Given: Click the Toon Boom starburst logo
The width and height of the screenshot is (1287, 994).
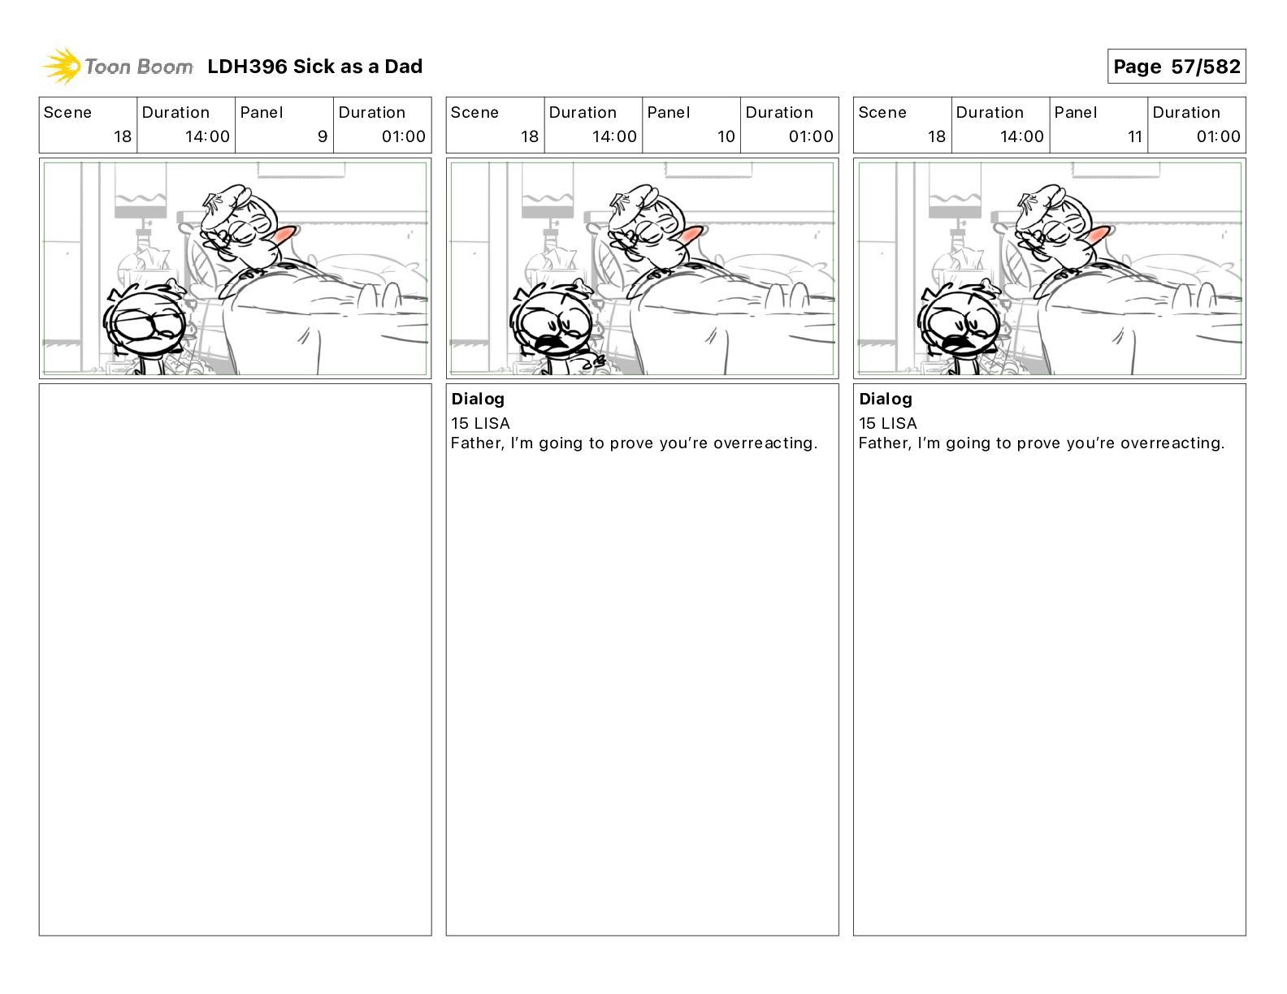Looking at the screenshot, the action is (62, 66).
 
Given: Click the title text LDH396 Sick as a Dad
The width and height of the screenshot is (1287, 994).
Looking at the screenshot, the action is (315, 67).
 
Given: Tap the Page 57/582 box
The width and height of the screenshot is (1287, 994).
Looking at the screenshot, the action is (1176, 67).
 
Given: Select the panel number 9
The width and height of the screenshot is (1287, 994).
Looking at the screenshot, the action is (323, 136).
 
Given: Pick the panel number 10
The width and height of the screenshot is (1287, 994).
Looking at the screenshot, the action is (726, 136).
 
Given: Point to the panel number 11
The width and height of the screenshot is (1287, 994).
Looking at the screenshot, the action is (1135, 136).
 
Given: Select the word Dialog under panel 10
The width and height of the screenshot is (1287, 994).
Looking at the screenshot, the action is (478, 399).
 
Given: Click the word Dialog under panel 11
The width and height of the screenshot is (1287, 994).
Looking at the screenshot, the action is (886, 399).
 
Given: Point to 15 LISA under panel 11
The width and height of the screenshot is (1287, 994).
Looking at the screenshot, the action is (888, 423).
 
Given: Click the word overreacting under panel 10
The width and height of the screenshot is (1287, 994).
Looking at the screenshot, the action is (765, 443).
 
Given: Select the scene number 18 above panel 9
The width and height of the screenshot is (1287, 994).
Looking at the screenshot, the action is (123, 136).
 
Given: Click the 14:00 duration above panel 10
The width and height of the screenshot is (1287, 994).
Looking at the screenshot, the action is (614, 136).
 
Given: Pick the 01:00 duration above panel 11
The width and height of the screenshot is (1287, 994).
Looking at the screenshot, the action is (1218, 136).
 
